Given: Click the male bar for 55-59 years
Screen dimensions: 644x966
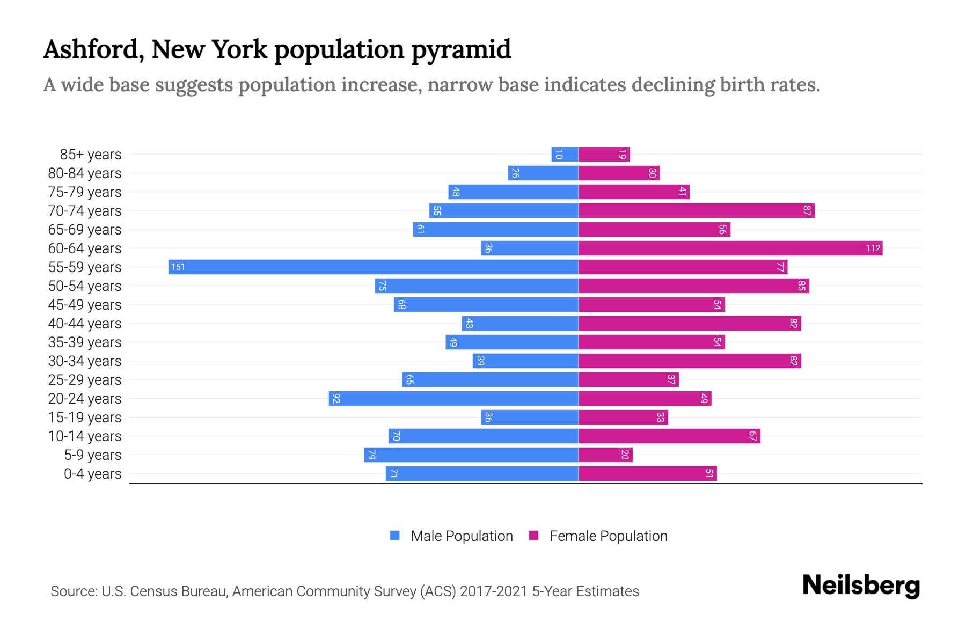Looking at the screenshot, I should pos(373,267).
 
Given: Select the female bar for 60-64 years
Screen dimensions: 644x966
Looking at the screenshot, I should pos(730,248).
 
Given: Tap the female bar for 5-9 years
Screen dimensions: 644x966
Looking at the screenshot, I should pos(605,455).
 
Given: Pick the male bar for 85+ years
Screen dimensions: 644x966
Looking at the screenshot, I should pos(565,154).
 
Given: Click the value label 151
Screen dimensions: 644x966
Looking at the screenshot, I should pos(178,267).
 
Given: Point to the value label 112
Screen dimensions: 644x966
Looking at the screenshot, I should pos(873,248).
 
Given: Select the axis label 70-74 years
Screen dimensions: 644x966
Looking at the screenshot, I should pos(85,211).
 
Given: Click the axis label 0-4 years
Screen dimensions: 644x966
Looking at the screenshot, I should pos(92,474).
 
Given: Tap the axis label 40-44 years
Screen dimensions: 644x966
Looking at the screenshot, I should pos(85,324).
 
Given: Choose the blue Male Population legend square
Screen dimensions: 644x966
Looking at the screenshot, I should pos(395,536).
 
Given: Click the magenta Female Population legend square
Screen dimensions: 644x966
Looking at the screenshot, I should pos(533,536).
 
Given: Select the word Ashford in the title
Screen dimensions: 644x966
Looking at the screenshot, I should pos(93,49).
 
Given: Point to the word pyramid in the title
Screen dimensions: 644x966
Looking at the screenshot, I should pos(461,49).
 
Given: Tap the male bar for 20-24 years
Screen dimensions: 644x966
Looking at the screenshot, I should pos(453,398).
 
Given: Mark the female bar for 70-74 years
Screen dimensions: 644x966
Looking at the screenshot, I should pos(696,210).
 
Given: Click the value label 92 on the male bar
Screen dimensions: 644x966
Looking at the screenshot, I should pos(336,398).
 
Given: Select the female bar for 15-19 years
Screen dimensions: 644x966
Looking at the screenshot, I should pos(623,417).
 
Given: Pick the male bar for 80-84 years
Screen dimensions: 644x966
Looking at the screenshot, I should pos(543,173).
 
